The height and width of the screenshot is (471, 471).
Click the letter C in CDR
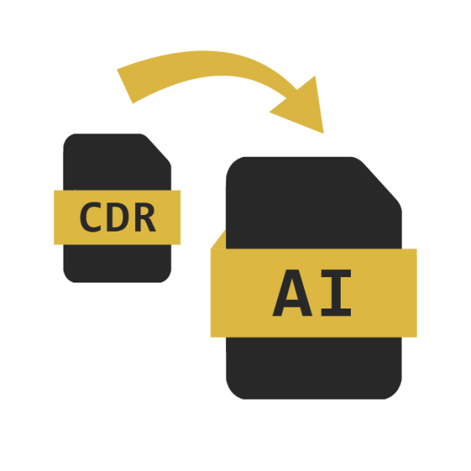90,217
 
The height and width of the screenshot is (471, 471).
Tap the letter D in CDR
118,217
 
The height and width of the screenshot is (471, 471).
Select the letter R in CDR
145,217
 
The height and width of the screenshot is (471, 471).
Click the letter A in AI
292,293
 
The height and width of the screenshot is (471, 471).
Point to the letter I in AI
336,293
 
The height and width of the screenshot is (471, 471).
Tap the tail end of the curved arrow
125,86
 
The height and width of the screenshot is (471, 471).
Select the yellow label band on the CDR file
117,217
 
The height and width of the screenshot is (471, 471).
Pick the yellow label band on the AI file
313,293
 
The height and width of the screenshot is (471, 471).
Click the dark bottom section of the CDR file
117,264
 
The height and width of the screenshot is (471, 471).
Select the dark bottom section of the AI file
314,368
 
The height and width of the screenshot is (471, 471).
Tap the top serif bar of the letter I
336,273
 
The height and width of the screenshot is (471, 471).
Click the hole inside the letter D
118,217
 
